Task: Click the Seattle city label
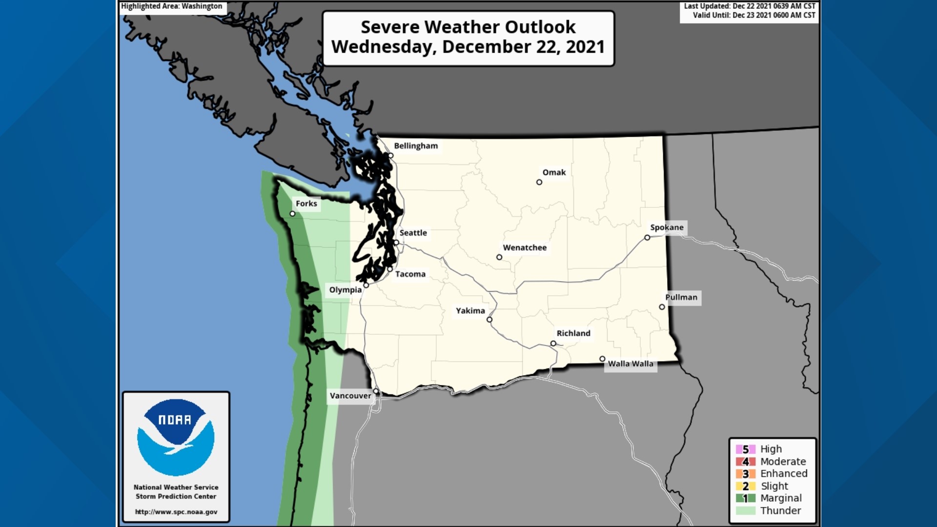coord(413,233)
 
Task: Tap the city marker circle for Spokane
coord(647,238)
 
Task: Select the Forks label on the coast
coord(306,203)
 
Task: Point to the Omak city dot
coord(539,182)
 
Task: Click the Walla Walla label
coord(630,364)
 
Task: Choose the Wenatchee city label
coord(525,247)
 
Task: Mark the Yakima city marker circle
coord(489,320)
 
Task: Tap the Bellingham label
coord(416,145)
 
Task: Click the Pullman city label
coord(681,297)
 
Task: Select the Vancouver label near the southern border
coord(350,396)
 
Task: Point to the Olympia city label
coord(345,289)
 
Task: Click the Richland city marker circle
coord(553,344)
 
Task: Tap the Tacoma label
coord(410,274)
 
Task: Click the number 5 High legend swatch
coord(745,449)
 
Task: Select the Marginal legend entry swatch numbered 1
coord(745,498)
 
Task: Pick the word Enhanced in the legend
coord(783,473)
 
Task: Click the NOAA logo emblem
coord(176,437)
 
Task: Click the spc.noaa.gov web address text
coord(176,512)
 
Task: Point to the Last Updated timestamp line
coord(749,6)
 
